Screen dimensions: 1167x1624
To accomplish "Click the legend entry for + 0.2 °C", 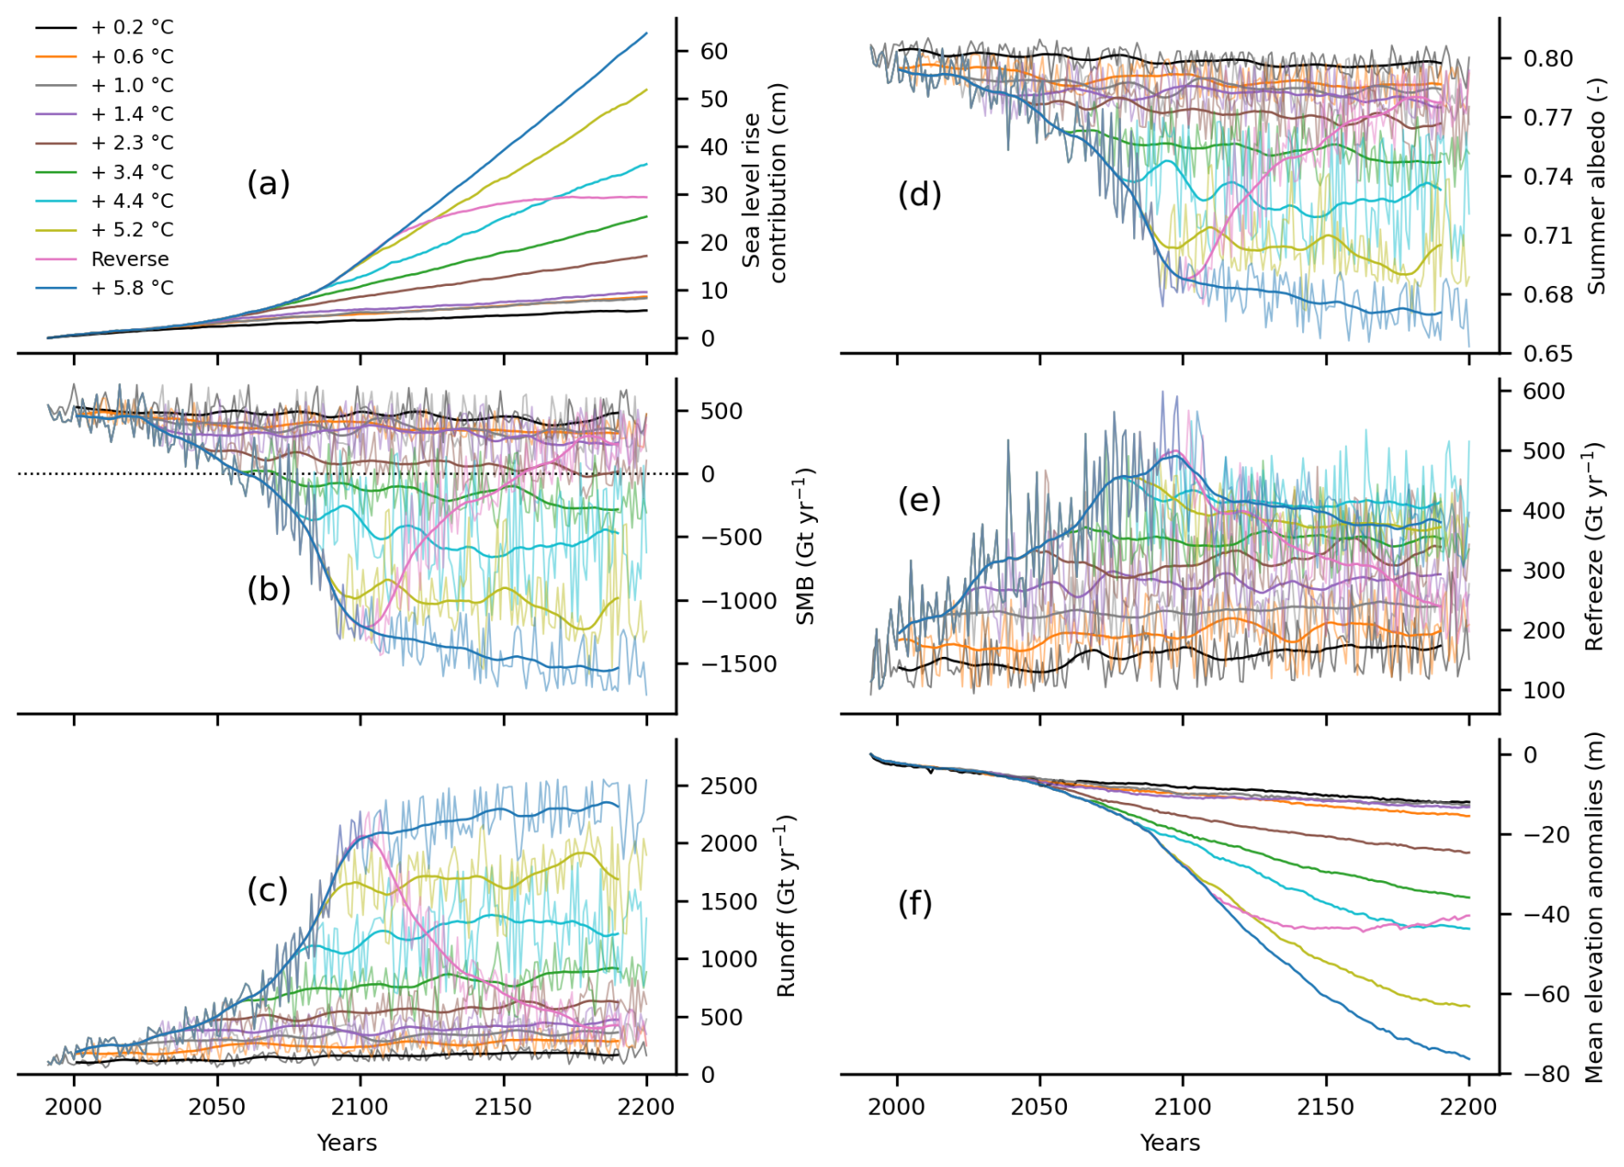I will click(x=132, y=27).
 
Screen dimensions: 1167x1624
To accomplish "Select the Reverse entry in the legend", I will click(x=130, y=259).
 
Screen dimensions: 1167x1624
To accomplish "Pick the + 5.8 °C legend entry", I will click(x=132, y=289).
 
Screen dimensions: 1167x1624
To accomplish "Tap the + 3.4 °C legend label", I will click(x=132, y=173).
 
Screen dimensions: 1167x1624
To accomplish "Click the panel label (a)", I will click(x=268, y=184).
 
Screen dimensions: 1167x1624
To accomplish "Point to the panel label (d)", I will click(x=919, y=195).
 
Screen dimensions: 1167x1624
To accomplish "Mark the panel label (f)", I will click(x=915, y=903).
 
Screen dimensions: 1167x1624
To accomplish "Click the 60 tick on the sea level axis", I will click(x=714, y=52).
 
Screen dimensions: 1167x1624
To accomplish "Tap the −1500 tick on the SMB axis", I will click(x=739, y=664).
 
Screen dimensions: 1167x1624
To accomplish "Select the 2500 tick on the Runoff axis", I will click(x=729, y=787).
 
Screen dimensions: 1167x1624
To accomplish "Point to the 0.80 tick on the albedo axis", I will click(x=1548, y=58).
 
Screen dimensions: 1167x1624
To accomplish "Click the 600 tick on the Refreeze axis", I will click(x=1543, y=392).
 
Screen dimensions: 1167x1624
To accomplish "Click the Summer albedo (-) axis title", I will click(x=1596, y=186).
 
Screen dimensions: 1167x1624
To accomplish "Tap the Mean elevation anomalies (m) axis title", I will click(x=1595, y=907).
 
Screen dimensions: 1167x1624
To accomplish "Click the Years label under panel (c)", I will click(x=347, y=1143).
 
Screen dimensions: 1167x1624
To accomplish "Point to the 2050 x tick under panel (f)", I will click(x=1039, y=1107).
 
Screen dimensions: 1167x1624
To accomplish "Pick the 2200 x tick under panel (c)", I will click(x=646, y=1107).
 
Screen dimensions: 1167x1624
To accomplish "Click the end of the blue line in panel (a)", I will click(x=646, y=33).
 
